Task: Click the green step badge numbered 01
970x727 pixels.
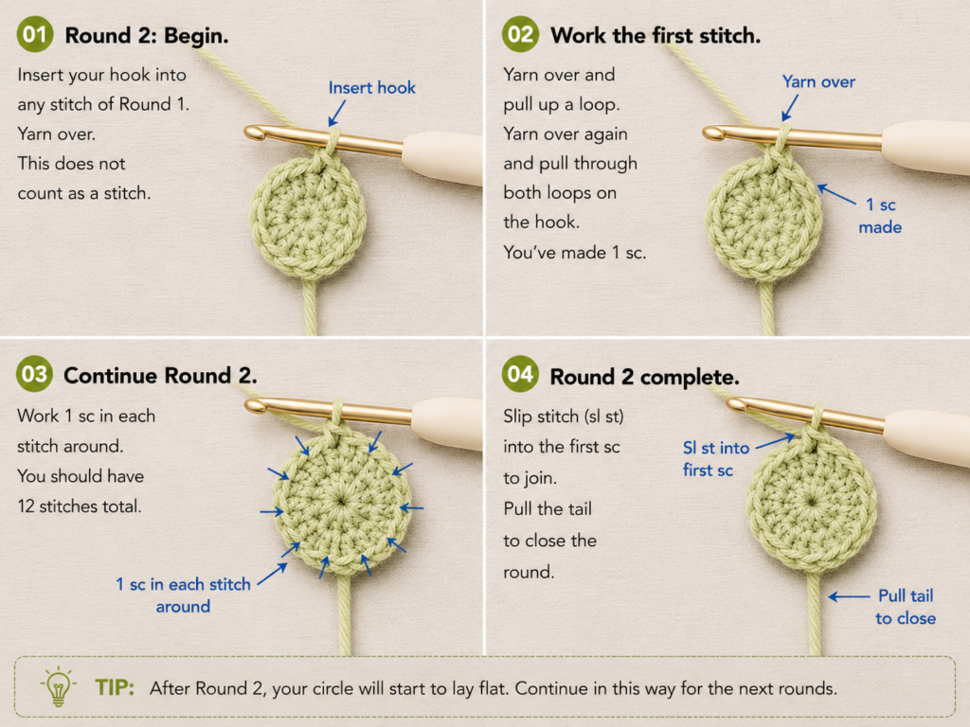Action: [x=35, y=34]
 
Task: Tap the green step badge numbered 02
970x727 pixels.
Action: [x=520, y=34]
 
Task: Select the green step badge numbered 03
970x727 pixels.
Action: [x=35, y=374]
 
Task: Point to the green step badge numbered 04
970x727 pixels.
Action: [x=520, y=374]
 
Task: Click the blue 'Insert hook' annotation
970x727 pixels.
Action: [x=371, y=88]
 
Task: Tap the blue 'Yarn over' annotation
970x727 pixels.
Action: [x=818, y=81]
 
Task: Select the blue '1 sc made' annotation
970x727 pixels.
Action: [x=880, y=216]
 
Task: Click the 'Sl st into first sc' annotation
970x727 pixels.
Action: [x=716, y=459]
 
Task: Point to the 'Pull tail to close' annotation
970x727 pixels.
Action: [x=906, y=607]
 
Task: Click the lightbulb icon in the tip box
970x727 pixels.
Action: [x=58, y=687]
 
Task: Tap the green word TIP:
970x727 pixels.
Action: [x=115, y=687]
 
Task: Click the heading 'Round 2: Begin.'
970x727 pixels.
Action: [x=147, y=36]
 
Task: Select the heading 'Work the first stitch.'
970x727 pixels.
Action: [x=656, y=36]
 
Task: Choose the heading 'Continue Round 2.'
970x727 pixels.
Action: [x=160, y=376]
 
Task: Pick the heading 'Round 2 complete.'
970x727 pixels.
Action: [x=644, y=377]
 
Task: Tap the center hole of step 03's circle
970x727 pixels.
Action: [x=341, y=500]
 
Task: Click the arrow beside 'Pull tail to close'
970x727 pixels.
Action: [x=849, y=596]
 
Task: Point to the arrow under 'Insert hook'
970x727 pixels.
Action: [x=337, y=114]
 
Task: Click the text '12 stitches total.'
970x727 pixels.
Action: [x=80, y=506]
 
